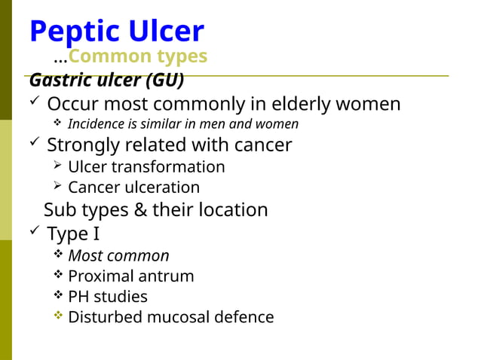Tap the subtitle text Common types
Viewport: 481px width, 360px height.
(138, 56)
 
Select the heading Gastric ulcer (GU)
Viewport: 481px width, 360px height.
(106, 80)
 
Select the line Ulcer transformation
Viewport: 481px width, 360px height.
(146, 166)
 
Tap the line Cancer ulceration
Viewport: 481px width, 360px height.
(133, 188)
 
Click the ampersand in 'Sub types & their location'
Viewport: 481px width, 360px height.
(140, 209)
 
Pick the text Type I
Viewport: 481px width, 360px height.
(73, 234)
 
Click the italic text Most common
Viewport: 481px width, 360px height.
(118, 256)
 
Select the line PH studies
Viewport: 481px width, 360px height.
(108, 297)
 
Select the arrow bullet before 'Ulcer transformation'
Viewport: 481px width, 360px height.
(58, 166)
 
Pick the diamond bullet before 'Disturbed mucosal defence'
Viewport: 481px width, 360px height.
(58, 316)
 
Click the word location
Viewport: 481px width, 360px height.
(233, 209)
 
